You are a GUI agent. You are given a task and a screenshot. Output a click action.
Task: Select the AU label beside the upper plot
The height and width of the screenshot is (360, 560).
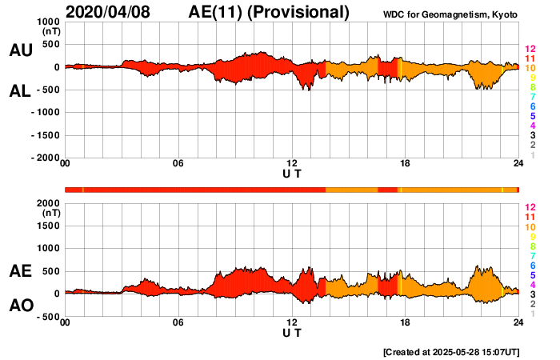click(x=21, y=50)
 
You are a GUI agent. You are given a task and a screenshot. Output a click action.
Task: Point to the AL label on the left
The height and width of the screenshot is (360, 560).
click(x=21, y=91)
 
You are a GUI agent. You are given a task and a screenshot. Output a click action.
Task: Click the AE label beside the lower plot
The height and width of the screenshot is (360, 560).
click(x=21, y=272)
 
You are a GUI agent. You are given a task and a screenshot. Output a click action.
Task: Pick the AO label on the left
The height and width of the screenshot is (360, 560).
click(x=21, y=306)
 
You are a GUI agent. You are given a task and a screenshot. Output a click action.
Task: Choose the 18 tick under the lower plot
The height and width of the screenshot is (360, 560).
click(x=405, y=322)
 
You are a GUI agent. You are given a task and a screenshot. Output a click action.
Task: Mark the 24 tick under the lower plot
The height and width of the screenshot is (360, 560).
click(x=518, y=322)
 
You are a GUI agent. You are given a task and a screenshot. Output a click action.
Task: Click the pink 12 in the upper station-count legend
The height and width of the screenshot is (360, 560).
click(x=530, y=48)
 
